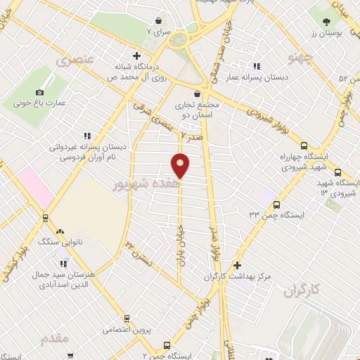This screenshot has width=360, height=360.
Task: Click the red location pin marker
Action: (181, 165)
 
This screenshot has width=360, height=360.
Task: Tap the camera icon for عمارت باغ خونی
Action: (39, 92)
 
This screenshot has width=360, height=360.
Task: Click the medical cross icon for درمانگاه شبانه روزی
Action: (137, 56)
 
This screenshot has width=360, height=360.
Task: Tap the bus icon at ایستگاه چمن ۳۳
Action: (276, 205)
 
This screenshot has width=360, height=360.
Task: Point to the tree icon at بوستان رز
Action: (326, 22)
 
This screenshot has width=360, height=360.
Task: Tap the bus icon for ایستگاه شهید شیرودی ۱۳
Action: (337, 173)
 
